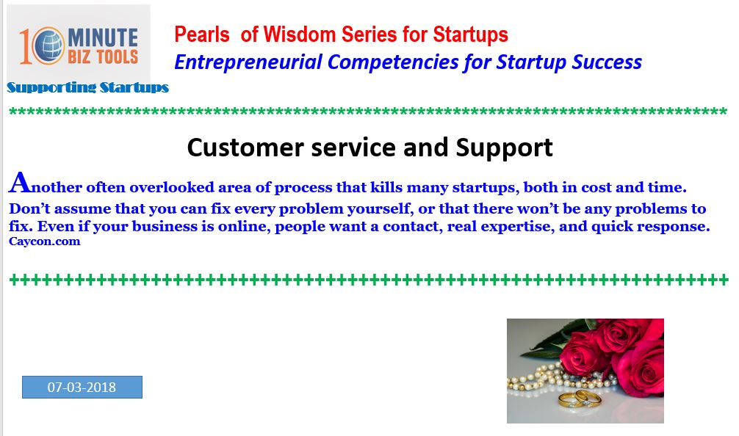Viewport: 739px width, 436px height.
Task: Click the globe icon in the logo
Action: click(48, 46)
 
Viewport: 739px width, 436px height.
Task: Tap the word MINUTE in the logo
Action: click(103, 37)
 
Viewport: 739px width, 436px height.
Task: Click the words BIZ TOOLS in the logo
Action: click(103, 57)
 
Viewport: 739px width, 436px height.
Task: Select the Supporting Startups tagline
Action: click(87, 87)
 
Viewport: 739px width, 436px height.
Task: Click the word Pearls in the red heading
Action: click(202, 34)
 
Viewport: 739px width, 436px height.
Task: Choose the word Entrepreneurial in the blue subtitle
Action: click(248, 62)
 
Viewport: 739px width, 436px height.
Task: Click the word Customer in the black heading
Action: click(245, 148)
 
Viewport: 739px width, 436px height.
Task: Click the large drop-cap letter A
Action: click(20, 183)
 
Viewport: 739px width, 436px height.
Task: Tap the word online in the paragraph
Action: click(242, 227)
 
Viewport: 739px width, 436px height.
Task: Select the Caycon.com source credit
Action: click(44, 241)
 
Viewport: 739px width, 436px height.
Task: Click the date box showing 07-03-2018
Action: click(82, 387)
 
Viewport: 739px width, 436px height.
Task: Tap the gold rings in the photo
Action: click(580, 399)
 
